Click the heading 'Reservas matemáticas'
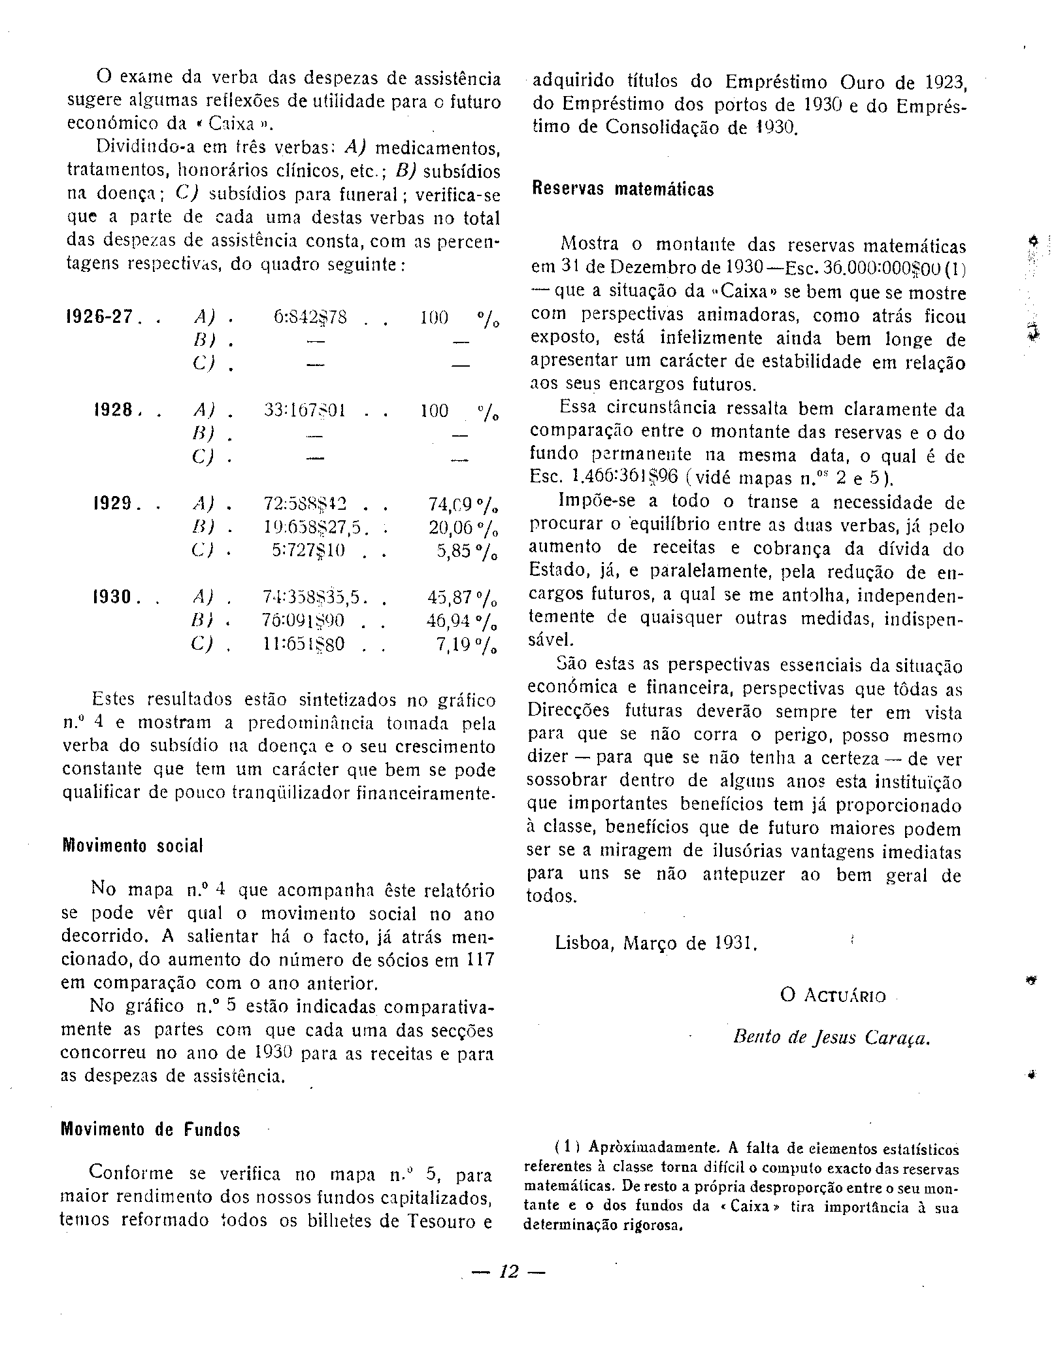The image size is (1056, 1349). click(623, 190)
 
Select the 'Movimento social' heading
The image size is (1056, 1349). click(133, 846)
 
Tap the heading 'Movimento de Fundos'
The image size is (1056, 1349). click(150, 1129)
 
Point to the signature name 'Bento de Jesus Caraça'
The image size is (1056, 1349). click(831, 1038)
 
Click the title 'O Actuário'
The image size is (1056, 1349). click(833, 995)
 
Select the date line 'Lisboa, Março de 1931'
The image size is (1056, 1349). click(656, 943)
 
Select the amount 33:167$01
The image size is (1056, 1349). click(305, 411)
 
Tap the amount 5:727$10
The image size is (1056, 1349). click(309, 551)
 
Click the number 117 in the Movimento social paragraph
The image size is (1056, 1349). click(480, 959)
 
